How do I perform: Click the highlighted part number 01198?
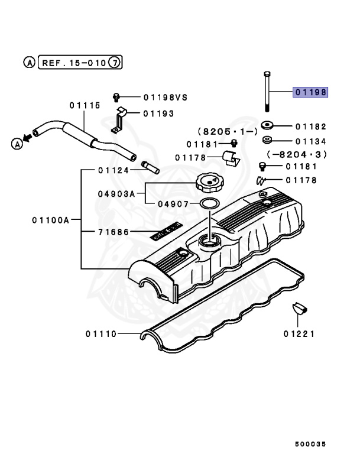click(310, 92)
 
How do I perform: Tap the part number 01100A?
click(51, 220)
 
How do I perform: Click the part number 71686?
click(113, 232)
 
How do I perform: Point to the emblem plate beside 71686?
click(164, 233)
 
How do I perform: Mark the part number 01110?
click(100, 334)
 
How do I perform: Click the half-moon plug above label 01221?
click(300, 308)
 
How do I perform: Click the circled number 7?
click(116, 61)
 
